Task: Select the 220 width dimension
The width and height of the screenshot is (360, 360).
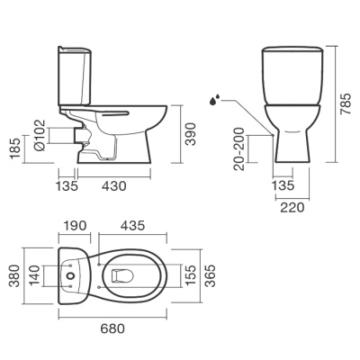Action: click(290, 205)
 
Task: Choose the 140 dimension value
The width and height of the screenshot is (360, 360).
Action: click(36, 277)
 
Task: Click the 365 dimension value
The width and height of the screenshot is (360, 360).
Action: click(210, 277)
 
